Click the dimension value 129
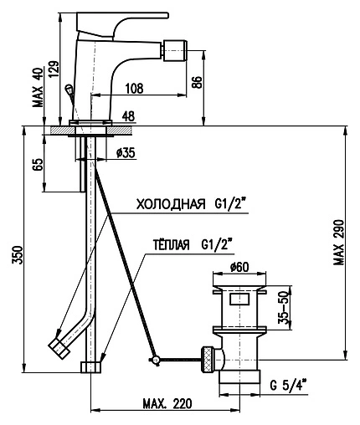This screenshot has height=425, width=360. point(54,69)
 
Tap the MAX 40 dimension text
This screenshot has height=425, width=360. point(38,87)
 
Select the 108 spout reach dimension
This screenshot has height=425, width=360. point(134,89)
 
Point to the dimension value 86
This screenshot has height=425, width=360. point(197,82)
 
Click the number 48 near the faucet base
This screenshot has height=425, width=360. point(129,116)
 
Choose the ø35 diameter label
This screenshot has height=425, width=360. point(126,152)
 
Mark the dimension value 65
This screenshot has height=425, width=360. point(39,165)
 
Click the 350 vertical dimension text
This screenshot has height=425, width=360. point(17,254)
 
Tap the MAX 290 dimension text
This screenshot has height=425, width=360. point(339,243)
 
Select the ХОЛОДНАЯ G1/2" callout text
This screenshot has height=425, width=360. point(193,205)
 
